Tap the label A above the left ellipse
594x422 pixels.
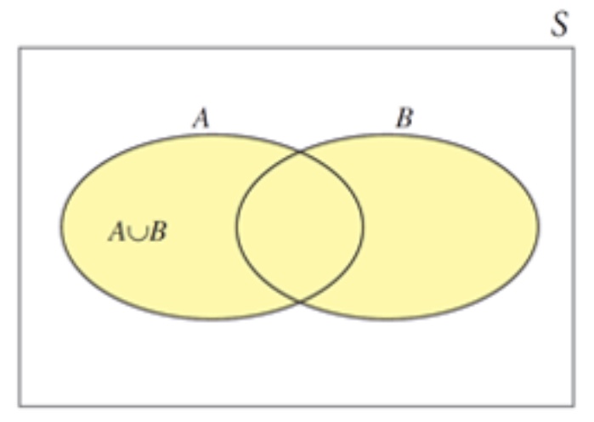click(x=201, y=118)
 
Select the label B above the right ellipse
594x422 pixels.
click(x=404, y=118)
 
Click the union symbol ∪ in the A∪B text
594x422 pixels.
click(x=137, y=232)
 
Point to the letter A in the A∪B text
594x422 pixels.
click(x=117, y=231)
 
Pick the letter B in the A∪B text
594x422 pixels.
click(x=156, y=231)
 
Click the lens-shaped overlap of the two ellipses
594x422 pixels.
click(x=300, y=227)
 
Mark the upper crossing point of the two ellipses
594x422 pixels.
click(x=300, y=153)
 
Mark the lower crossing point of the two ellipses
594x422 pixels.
click(x=300, y=301)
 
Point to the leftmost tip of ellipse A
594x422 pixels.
click(x=61, y=227)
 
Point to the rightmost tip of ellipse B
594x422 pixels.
click(x=539, y=227)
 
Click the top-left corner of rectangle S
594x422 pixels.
click(x=20, y=48)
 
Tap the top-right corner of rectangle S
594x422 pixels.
click(x=574, y=48)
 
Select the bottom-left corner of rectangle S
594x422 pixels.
click(x=20, y=405)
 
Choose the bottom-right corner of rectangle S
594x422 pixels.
click(x=574, y=405)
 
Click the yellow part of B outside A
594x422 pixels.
click(x=450, y=227)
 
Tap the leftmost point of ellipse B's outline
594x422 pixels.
click(x=236, y=227)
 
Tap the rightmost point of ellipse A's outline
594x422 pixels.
click(x=364, y=227)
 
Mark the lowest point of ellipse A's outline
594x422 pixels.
click(x=212, y=319)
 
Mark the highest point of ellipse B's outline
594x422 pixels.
click(x=388, y=134)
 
